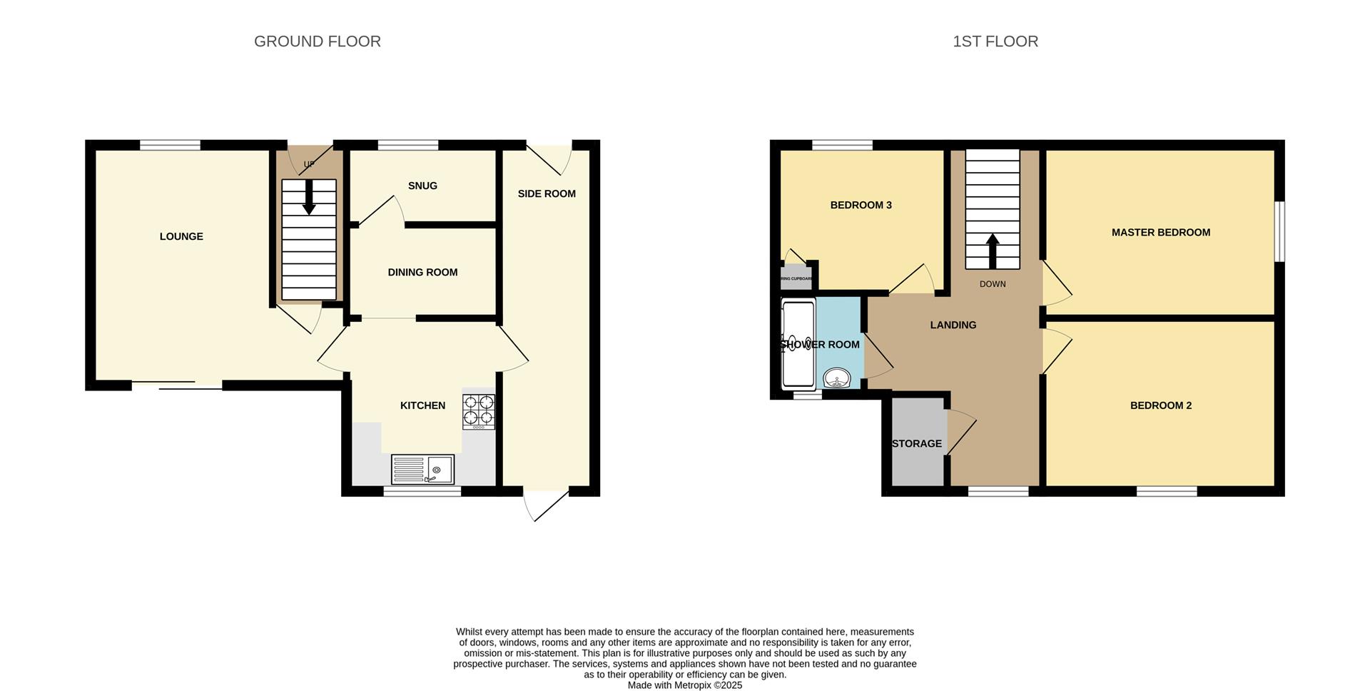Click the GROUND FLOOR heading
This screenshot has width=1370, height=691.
tap(317, 41)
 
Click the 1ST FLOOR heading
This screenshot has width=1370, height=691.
tap(995, 41)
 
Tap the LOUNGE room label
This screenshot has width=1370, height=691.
tap(181, 236)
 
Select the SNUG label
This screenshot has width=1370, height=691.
tap(422, 186)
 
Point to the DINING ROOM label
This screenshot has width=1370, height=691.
tap(422, 272)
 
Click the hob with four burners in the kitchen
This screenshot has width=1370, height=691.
tap(478, 411)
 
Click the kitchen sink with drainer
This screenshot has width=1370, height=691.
tap(422, 469)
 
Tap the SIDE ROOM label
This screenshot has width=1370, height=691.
tap(547, 193)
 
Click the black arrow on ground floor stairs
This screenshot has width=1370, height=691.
tap(309, 197)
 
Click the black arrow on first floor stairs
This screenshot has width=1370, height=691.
tap(992, 250)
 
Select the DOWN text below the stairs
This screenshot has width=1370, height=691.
tap(992, 284)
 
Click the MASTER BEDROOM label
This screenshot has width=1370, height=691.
tap(1160, 232)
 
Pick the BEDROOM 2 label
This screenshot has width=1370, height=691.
tap(1160, 405)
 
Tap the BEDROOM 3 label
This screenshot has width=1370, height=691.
tap(861, 205)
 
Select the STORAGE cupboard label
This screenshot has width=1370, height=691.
tap(916, 443)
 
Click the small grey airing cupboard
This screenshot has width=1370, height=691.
tap(796, 278)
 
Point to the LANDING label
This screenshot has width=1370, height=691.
tap(953, 325)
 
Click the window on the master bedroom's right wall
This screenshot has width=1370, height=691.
tap(1280, 231)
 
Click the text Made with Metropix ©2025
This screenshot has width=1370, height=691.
tap(684, 685)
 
